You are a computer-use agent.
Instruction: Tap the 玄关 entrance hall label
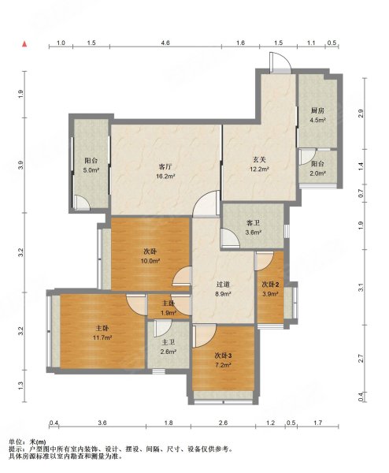[258, 160]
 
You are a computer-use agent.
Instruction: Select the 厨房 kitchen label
[317, 110]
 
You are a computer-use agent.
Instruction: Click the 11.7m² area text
[101, 337]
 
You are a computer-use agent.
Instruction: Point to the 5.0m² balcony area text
[91, 169]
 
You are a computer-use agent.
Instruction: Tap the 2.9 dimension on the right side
[361, 113]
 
